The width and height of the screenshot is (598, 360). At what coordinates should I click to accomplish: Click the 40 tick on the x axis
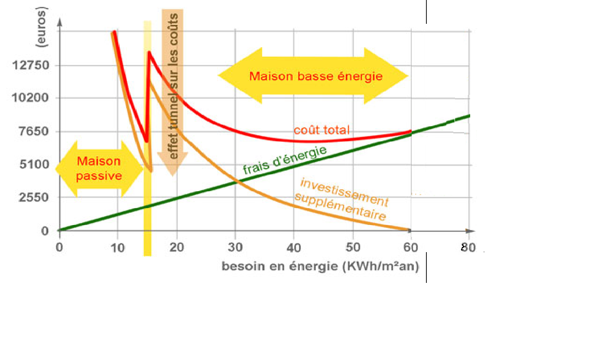click(x=294, y=248)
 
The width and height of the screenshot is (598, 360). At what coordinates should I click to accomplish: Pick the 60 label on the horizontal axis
click(x=411, y=248)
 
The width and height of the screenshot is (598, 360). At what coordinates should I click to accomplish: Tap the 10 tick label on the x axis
click(x=118, y=248)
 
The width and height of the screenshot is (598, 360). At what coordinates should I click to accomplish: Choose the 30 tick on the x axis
click(x=235, y=248)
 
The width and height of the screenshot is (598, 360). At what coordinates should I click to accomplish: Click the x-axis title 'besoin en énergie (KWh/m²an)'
click(x=320, y=266)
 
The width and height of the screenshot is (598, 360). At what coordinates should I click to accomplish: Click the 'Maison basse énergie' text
click(x=316, y=77)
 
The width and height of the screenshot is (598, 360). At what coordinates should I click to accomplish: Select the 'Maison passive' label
click(x=99, y=169)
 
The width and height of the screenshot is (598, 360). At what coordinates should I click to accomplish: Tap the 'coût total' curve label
click(x=321, y=130)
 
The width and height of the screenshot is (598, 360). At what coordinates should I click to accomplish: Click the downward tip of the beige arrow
click(x=172, y=175)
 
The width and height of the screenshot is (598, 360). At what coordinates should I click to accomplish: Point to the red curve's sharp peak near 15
click(x=149, y=52)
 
